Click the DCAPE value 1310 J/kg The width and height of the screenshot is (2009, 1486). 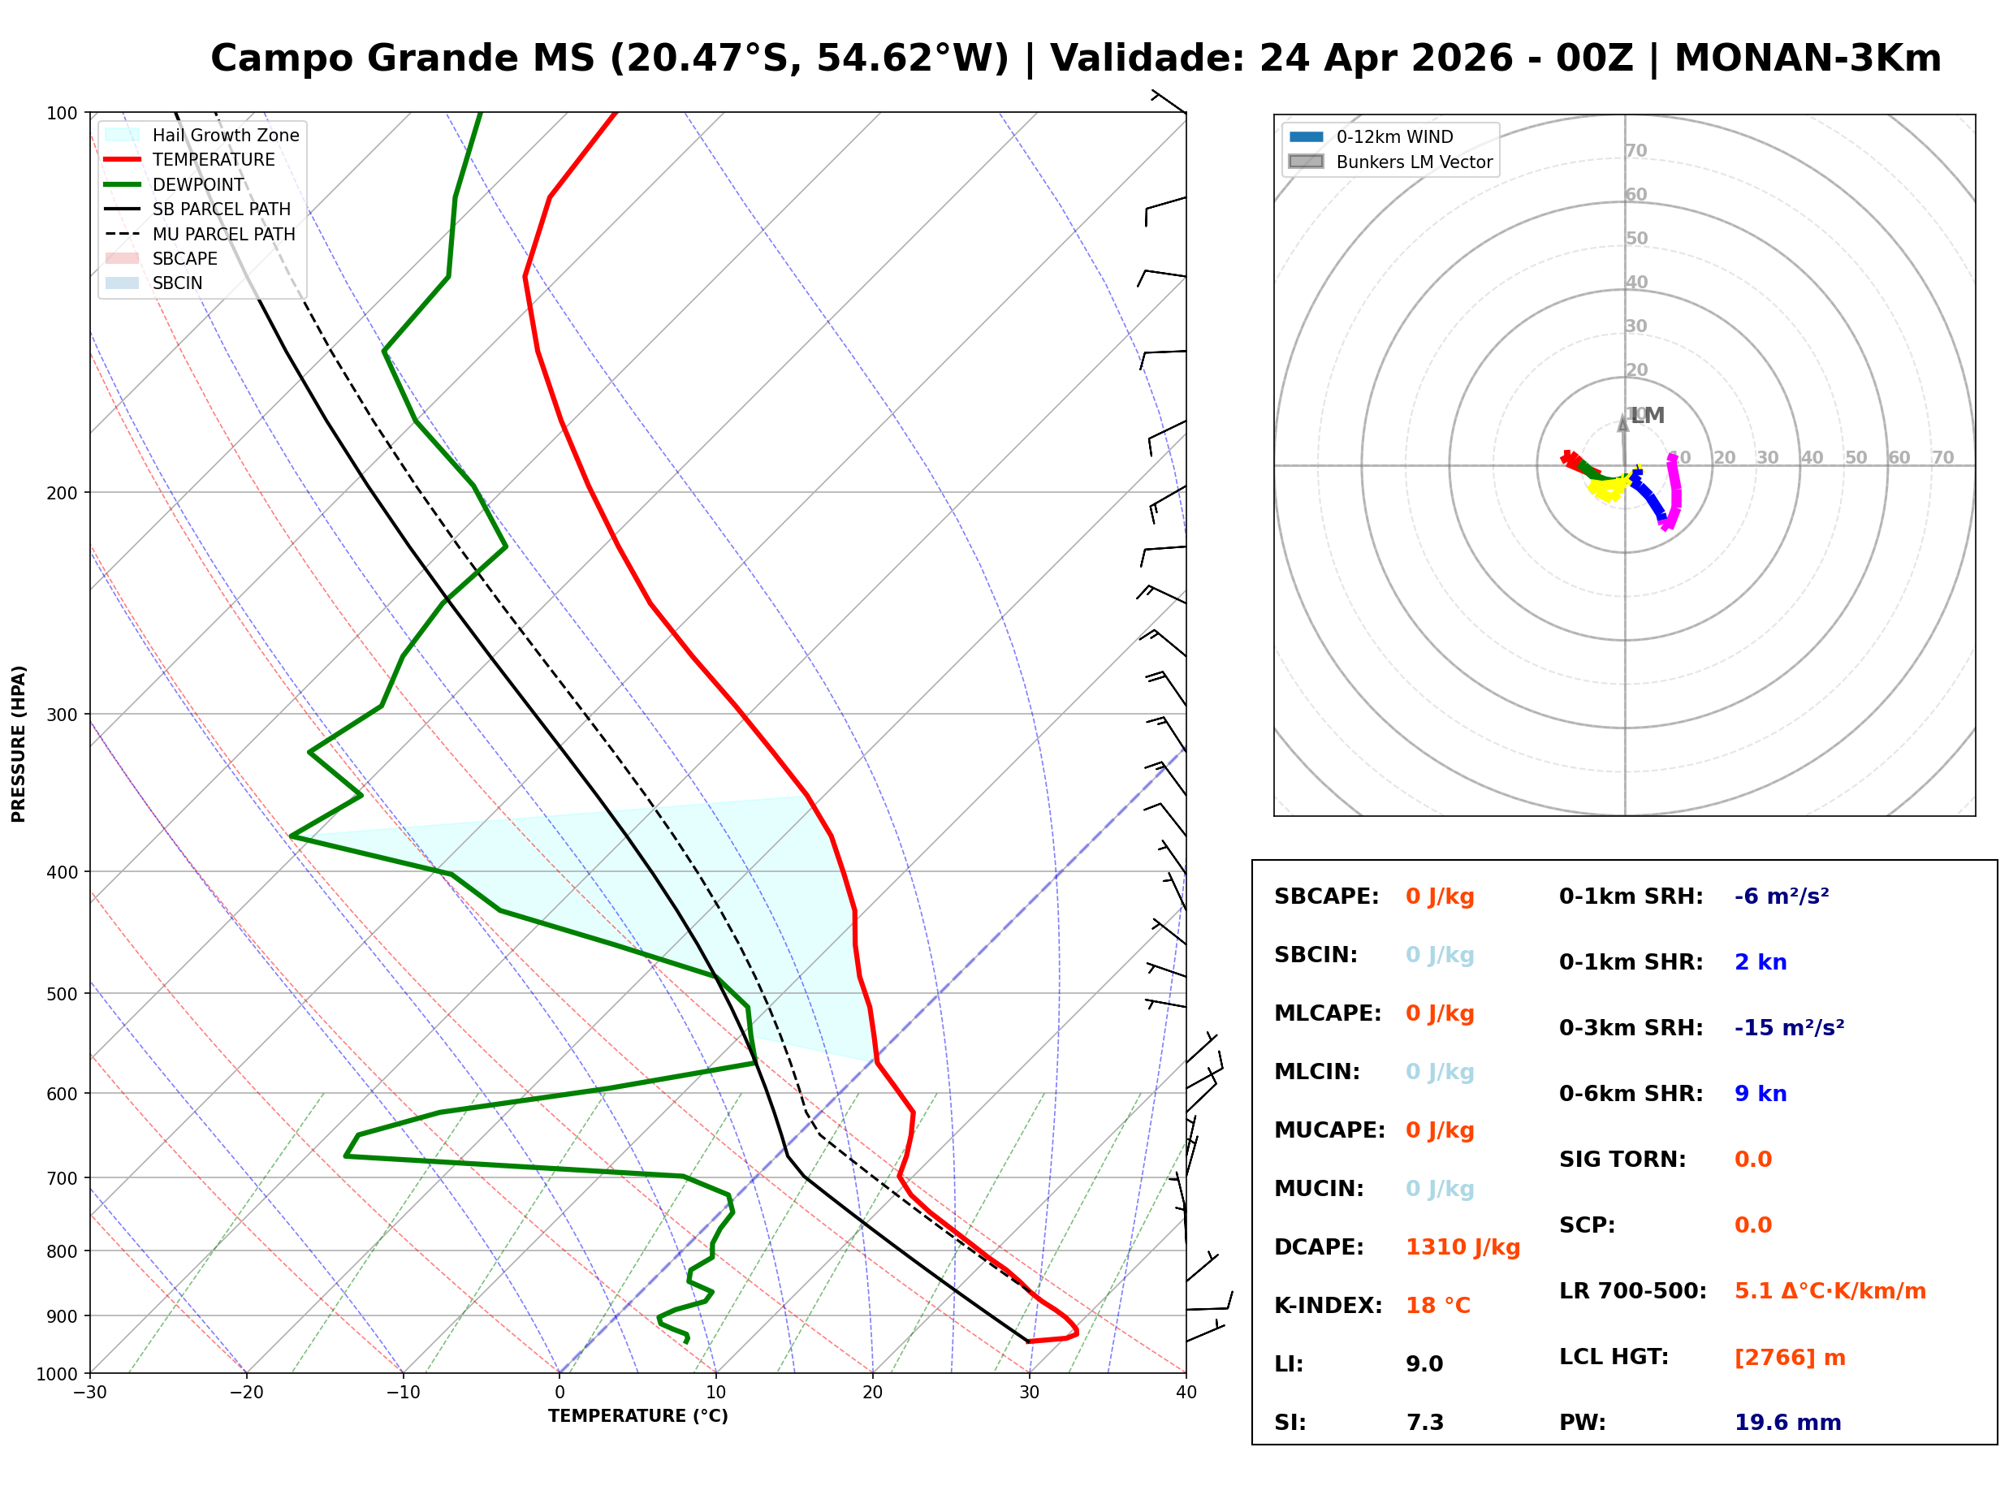pyautogui.click(x=1462, y=1247)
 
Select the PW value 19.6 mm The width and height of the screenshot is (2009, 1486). pyautogui.click(x=1786, y=1423)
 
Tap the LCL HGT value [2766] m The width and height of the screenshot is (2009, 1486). pyautogui.click(x=1790, y=1358)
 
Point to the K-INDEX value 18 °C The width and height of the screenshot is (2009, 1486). pyautogui.click(x=1438, y=1306)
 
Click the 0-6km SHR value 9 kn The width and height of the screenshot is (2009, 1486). pyautogui.click(x=1760, y=1094)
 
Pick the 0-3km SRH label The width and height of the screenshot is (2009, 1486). pyautogui.click(x=1631, y=1028)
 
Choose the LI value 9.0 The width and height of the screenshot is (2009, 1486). pyautogui.click(x=1424, y=1364)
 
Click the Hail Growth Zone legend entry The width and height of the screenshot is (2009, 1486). pyautogui.click(x=225, y=135)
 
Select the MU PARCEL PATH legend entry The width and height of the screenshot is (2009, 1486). pyautogui.click(x=223, y=234)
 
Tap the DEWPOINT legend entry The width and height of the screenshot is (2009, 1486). pyautogui.click(x=198, y=184)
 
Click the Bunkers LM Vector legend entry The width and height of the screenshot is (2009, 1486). pyautogui.click(x=1414, y=162)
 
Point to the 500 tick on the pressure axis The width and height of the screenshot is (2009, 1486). pyautogui.click(x=62, y=994)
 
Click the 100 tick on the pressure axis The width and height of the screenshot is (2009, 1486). pyautogui.click(x=62, y=112)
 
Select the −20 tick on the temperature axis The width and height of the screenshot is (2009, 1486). pyautogui.click(x=245, y=1393)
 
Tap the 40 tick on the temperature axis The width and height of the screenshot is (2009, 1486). pyautogui.click(x=1186, y=1393)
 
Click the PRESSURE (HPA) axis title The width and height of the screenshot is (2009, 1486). pyautogui.click(x=19, y=743)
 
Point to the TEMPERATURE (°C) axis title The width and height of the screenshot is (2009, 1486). pyautogui.click(x=637, y=1416)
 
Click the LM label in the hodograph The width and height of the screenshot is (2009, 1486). pyautogui.click(x=1648, y=416)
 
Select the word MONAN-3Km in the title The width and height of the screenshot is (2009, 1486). pyautogui.click(x=1808, y=58)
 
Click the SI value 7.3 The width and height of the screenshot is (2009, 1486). pyautogui.click(x=1424, y=1423)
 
